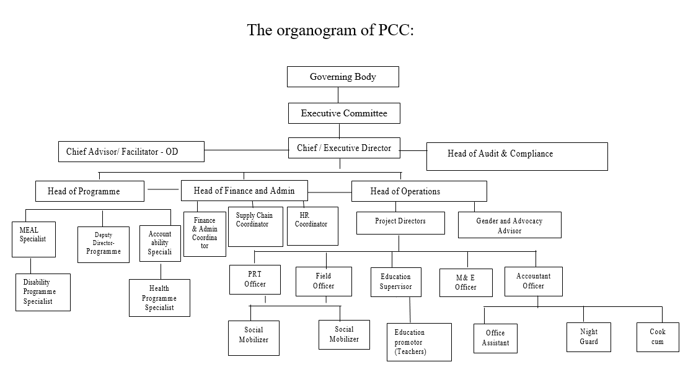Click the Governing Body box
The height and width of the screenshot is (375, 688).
(x=343, y=77)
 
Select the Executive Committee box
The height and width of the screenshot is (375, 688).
(x=344, y=113)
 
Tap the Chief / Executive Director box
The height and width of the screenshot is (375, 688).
(x=344, y=148)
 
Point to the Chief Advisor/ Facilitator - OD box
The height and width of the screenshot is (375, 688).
(x=131, y=152)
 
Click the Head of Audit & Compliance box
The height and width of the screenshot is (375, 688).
(x=517, y=157)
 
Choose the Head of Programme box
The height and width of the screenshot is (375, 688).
(x=89, y=191)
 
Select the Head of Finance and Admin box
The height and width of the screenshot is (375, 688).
(x=244, y=191)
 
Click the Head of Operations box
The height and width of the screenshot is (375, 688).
(x=419, y=191)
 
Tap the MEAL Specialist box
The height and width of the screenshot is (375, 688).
(x=34, y=239)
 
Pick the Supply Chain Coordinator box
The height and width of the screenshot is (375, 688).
(x=255, y=227)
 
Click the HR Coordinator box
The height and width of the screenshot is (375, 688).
(x=312, y=226)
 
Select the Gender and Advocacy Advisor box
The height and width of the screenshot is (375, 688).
(x=509, y=225)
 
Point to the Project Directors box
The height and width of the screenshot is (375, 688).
(x=400, y=223)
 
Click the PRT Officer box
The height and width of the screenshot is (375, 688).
(x=255, y=280)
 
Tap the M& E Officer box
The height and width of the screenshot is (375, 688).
(x=466, y=283)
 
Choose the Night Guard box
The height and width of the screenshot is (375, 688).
(x=588, y=337)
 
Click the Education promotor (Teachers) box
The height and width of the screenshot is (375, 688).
(x=419, y=342)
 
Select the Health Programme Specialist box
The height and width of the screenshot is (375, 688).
(x=159, y=298)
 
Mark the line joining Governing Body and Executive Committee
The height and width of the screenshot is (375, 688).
(x=338, y=95)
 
